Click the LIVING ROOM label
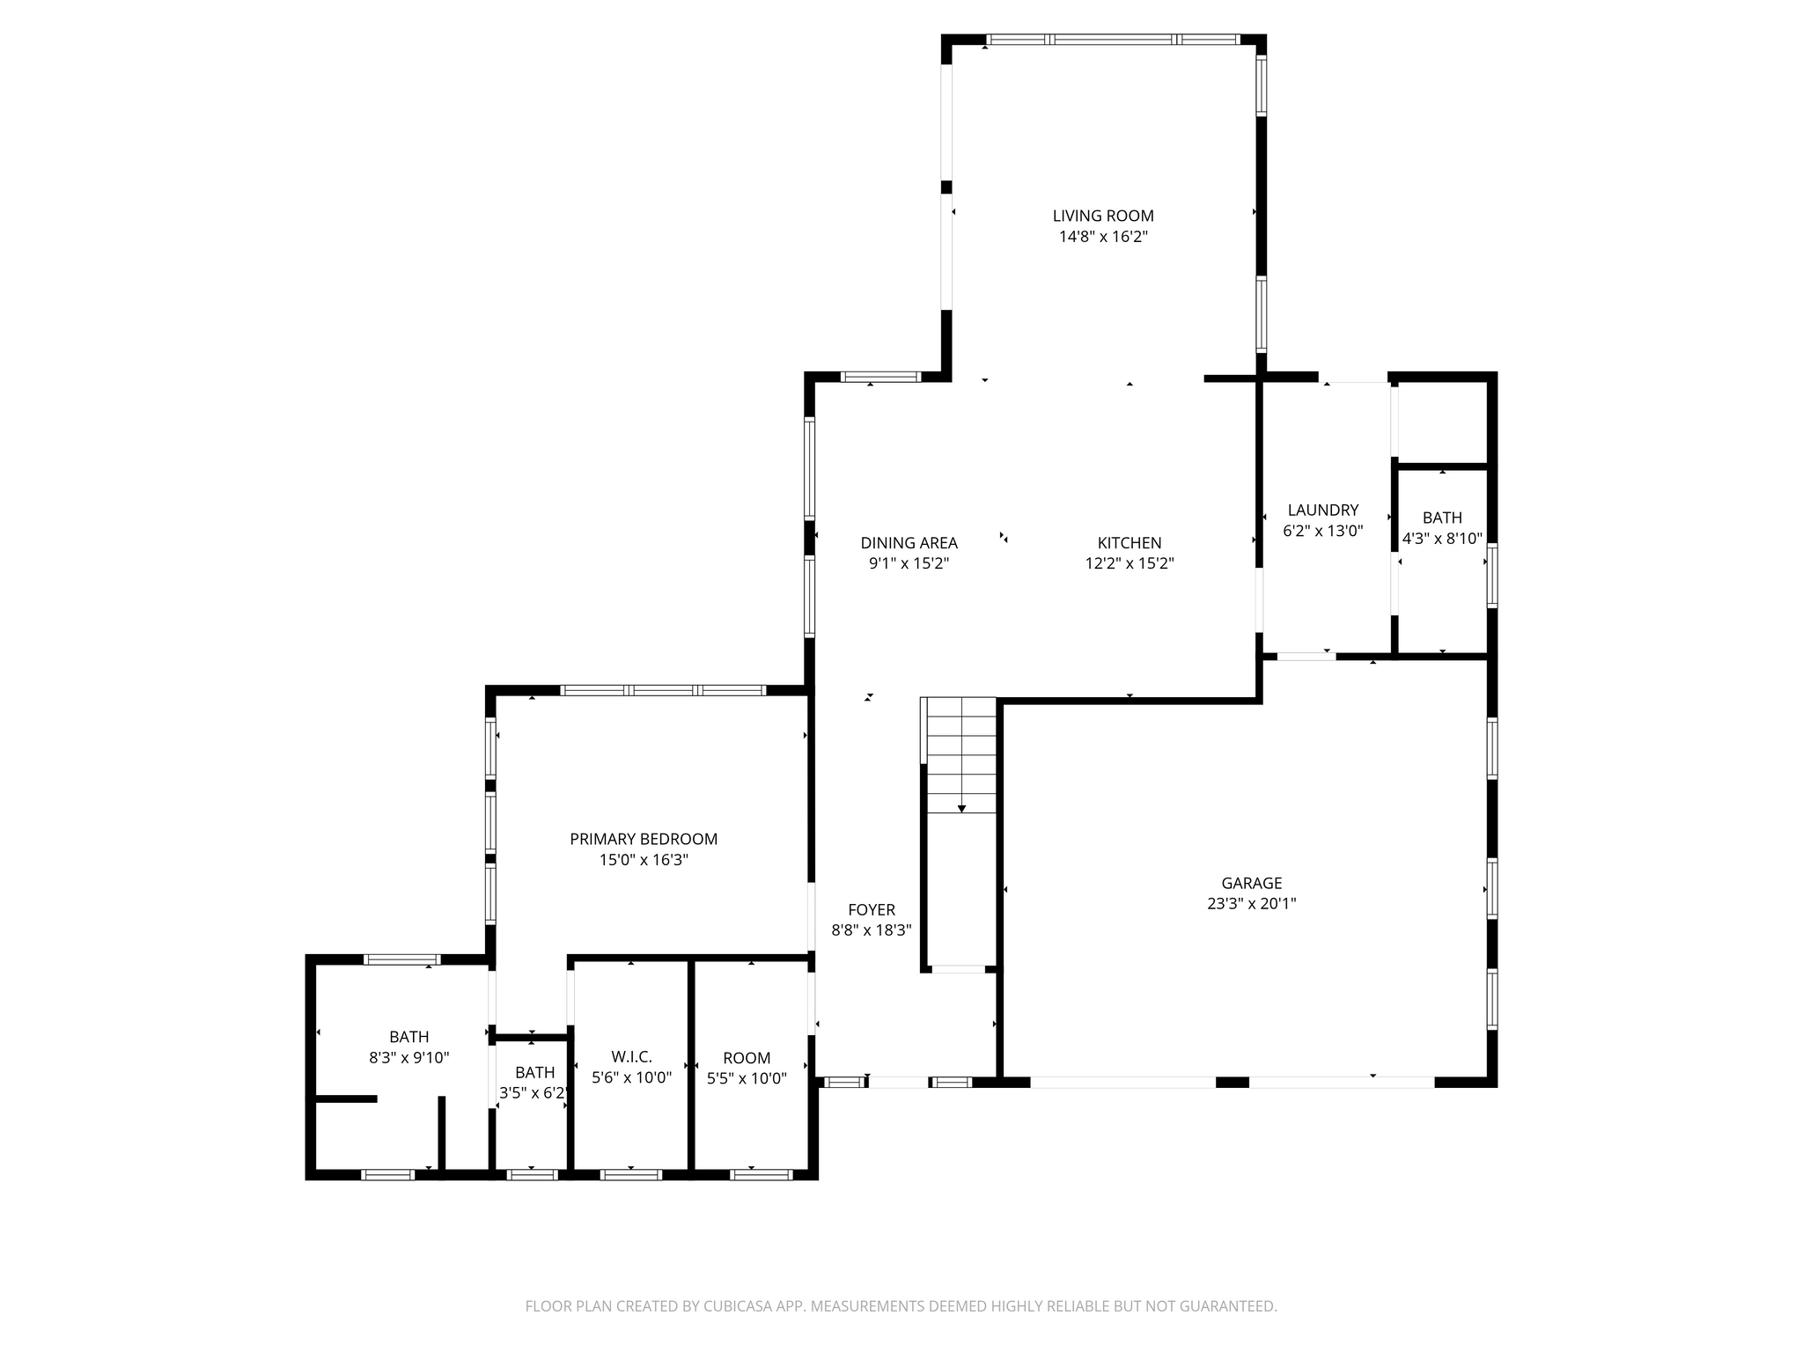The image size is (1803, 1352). pyautogui.click(x=1103, y=216)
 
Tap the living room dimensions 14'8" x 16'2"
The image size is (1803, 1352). pyautogui.click(x=1103, y=237)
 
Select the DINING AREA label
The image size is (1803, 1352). pyautogui.click(x=909, y=543)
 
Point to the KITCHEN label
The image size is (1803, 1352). pyautogui.click(x=1130, y=543)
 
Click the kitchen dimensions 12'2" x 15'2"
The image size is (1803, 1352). pyautogui.click(x=1130, y=564)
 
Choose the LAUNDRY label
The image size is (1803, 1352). pyautogui.click(x=1323, y=511)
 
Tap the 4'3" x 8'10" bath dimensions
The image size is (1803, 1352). pyautogui.click(x=1442, y=539)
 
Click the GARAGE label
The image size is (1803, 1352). pyautogui.click(x=1251, y=883)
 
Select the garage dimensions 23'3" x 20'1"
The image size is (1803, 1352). pyautogui.click(x=1251, y=904)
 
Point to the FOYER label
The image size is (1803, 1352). pyautogui.click(x=872, y=910)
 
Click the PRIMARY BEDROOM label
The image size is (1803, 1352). pyautogui.click(x=644, y=840)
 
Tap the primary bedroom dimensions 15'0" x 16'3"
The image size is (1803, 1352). pyautogui.click(x=644, y=861)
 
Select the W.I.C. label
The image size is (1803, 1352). pyautogui.click(x=631, y=1057)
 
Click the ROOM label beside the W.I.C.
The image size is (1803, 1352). pyautogui.click(x=747, y=1058)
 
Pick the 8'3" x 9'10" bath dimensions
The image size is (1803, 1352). pyautogui.click(x=409, y=1058)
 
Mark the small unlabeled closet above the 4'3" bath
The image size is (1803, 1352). pyautogui.click(x=1442, y=422)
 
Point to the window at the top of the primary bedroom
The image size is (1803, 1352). pyautogui.click(x=663, y=690)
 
